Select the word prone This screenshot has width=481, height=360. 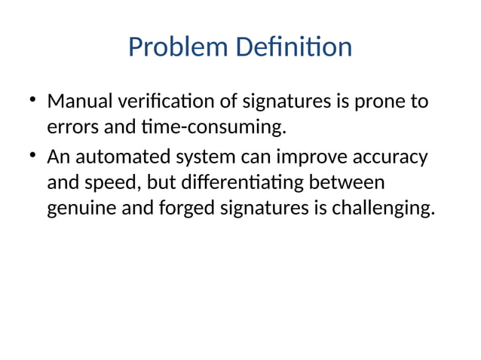point(378,102)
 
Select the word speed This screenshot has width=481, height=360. point(113,184)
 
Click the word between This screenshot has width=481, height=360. point(353,183)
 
